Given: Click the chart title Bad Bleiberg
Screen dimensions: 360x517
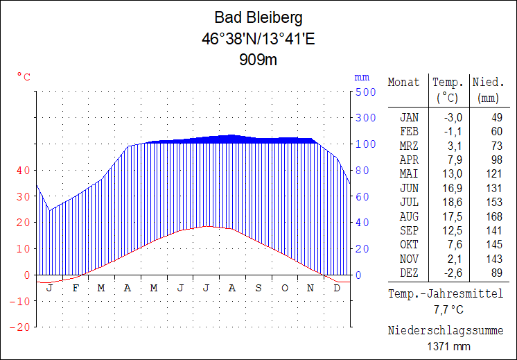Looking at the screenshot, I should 258,17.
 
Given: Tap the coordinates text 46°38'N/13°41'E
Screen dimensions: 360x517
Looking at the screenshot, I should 258,39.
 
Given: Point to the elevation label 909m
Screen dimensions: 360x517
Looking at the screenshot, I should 258,60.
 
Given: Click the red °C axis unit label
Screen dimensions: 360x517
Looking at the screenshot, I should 24,77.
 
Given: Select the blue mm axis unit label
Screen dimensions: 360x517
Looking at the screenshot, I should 362,77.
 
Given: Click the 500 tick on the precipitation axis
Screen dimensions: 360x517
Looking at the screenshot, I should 366,92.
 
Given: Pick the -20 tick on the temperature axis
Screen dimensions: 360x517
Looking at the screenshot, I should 21,327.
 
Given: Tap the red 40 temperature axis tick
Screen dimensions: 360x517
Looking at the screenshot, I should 24,170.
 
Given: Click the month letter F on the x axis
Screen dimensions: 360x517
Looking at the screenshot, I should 76,288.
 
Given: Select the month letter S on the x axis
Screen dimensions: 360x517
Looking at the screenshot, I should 258,288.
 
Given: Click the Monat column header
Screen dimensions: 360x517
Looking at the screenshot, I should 403,83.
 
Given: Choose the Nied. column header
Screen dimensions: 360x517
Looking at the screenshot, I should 488,83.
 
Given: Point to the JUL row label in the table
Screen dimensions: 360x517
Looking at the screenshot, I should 409,201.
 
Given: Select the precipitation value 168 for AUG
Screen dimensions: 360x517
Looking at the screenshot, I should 493,216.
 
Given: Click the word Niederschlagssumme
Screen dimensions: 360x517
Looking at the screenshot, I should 446,330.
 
